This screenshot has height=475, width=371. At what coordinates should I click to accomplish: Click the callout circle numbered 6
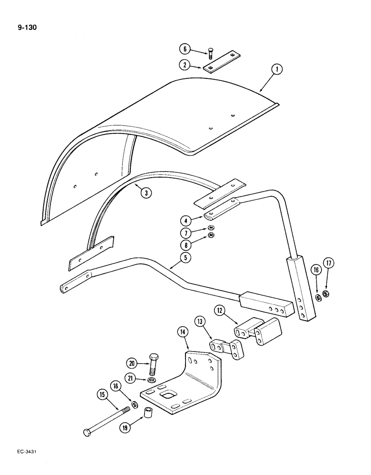(x=185, y=49)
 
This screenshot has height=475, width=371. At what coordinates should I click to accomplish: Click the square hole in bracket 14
(x=168, y=394)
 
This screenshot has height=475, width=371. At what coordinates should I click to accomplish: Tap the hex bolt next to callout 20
(x=153, y=364)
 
